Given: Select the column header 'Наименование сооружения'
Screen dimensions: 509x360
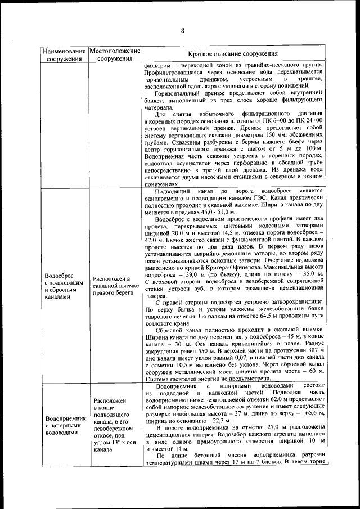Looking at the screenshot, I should click(64, 54).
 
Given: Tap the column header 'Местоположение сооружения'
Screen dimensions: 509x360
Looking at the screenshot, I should click(114, 54).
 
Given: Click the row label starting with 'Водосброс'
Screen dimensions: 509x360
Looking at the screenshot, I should click(64, 286).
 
